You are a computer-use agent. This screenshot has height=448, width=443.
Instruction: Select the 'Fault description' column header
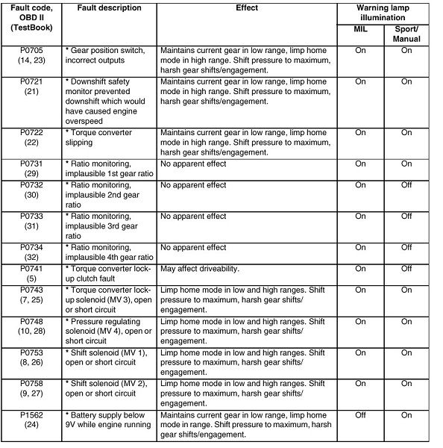click(x=109, y=8)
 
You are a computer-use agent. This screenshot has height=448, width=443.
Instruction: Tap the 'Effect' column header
click(x=246, y=8)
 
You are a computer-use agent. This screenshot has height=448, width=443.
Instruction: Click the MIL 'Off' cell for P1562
click(x=359, y=414)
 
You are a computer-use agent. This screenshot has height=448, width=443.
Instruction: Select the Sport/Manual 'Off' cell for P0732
click(x=406, y=184)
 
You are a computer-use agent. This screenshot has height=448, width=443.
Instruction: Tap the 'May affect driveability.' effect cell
click(x=199, y=268)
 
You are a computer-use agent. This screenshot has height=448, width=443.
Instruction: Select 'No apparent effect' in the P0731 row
click(x=193, y=164)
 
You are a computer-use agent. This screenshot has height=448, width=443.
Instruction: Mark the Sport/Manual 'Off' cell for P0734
click(x=406, y=247)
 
